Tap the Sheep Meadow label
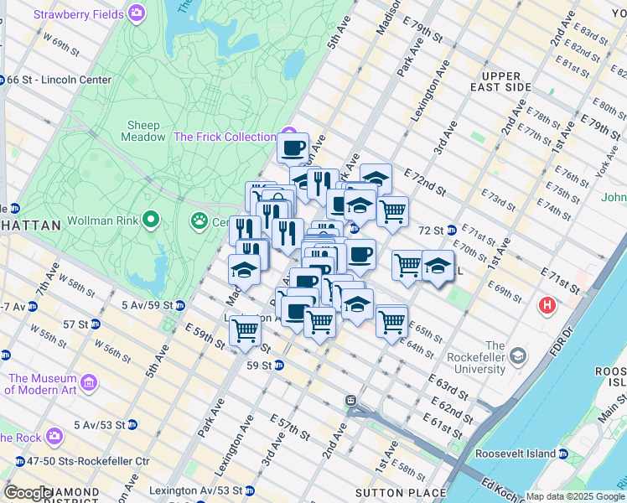144,131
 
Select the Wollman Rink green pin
151,220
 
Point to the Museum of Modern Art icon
89,383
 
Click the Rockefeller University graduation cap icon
519,356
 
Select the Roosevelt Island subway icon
562,454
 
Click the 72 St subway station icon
451,230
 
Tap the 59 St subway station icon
278,365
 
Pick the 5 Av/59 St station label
147,305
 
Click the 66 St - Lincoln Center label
59,80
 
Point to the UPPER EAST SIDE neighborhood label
501,81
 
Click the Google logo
28,493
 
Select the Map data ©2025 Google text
574,496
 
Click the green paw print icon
199,222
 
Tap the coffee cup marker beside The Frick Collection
293,148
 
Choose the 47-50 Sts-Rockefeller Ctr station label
87,460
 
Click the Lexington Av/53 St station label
198,490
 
